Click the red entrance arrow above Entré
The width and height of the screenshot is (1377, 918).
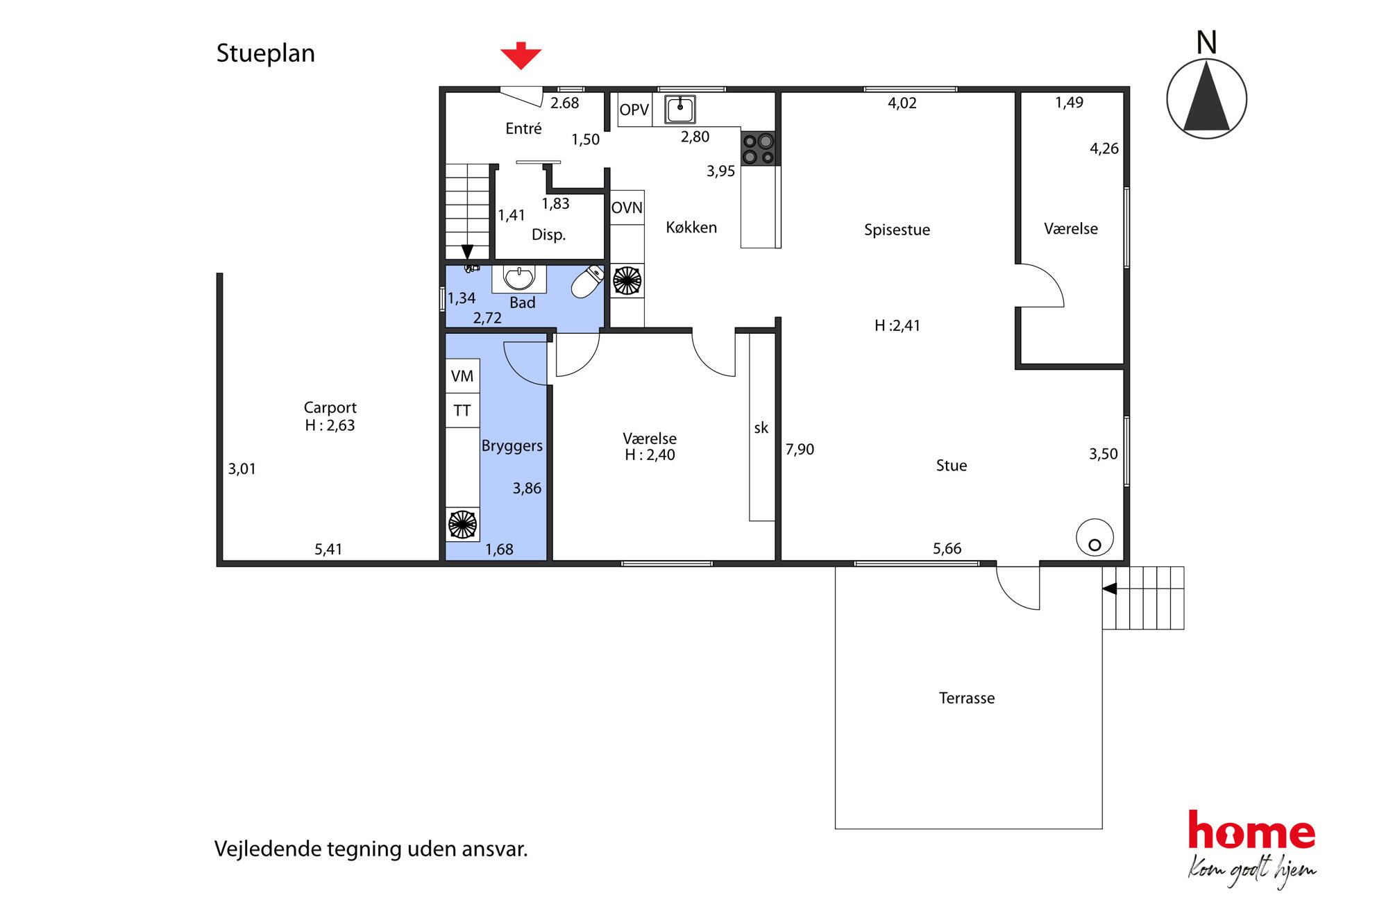521,56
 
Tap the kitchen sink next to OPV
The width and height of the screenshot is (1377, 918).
680,109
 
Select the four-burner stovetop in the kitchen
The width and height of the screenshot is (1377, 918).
758,148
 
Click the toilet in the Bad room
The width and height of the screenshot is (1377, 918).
588,281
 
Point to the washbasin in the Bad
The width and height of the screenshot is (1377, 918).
519,278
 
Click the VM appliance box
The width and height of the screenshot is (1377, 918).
462,376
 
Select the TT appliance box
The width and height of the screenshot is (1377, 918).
462,411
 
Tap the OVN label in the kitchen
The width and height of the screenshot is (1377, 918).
627,207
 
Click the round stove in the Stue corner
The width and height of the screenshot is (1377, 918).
1095,538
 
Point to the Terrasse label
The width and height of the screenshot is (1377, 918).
967,698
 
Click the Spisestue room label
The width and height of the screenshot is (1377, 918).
897,230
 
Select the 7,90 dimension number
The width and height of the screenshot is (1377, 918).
800,450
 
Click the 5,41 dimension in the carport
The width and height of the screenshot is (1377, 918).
328,550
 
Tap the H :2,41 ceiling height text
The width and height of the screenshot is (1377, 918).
897,325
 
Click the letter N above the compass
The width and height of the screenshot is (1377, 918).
1206,42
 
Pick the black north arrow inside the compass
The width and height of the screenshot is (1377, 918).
1206,96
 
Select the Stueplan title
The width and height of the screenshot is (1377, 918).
265,53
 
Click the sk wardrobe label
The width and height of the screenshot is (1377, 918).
761,428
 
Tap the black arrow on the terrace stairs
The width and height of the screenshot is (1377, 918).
1109,588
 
